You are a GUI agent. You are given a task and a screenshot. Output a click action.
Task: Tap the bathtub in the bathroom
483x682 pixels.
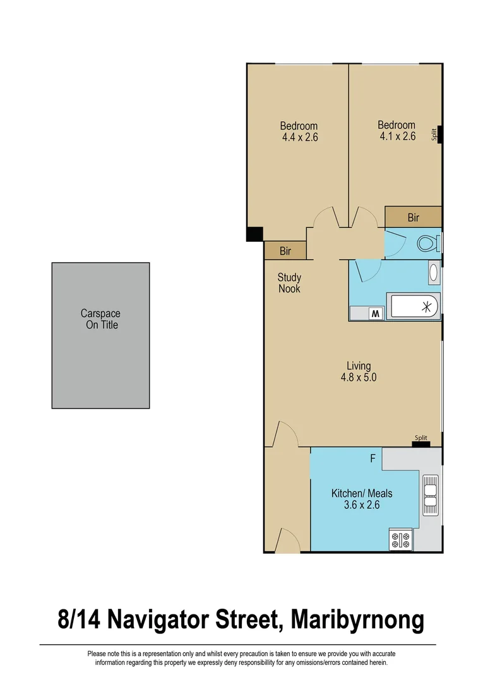(x=414, y=308)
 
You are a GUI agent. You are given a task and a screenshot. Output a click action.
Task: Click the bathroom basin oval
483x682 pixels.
(x=434, y=273)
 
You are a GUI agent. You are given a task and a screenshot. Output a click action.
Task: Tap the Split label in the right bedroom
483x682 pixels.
(x=434, y=134)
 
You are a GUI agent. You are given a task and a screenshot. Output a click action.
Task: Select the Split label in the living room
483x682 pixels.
(x=421, y=438)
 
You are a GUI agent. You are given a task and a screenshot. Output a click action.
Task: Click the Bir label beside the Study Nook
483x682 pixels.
(x=285, y=251)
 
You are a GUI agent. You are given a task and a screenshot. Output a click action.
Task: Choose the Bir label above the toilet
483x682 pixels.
(x=413, y=218)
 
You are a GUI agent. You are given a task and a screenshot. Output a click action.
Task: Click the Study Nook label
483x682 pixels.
(x=289, y=283)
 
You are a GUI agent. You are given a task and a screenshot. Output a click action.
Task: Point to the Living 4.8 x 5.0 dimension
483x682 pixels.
(x=359, y=378)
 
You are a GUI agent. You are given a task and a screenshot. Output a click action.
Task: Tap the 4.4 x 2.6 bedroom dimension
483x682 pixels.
(x=299, y=136)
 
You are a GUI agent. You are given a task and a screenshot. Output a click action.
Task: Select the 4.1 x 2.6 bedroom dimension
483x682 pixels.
(x=397, y=136)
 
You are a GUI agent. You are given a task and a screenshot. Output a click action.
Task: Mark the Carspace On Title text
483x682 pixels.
(x=100, y=319)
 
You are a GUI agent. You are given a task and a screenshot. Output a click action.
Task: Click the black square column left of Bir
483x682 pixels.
(x=254, y=234)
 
